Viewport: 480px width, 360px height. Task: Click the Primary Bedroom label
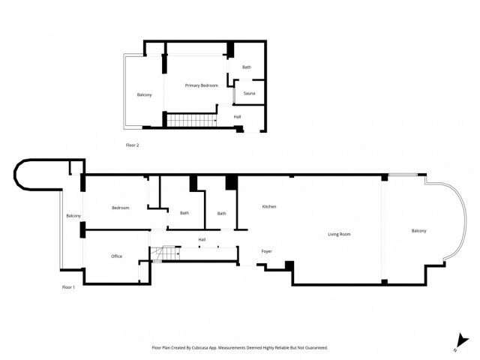tap(202, 85)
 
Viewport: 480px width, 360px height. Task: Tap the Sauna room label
tap(249, 94)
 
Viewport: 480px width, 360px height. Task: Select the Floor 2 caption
tap(133, 145)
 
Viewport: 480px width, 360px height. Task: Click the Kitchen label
tap(269, 206)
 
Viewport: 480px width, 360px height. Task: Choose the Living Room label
tap(339, 234)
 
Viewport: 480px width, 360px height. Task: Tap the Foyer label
tap(266, 250)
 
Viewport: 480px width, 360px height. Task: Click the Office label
tap(116, 256)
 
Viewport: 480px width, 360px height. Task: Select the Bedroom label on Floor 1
tap(120, 208)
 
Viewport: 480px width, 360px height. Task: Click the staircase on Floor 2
tap(190, 119)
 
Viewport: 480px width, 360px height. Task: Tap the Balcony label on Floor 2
tap(144, 94)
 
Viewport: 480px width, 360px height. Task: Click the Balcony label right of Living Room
tap(418, 230)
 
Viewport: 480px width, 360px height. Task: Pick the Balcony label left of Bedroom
tap(73, 216)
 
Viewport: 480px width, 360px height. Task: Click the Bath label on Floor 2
tap(246, 67)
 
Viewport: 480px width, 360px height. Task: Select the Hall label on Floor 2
tap(237, 116)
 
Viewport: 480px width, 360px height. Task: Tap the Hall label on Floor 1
tap(202, 239)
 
